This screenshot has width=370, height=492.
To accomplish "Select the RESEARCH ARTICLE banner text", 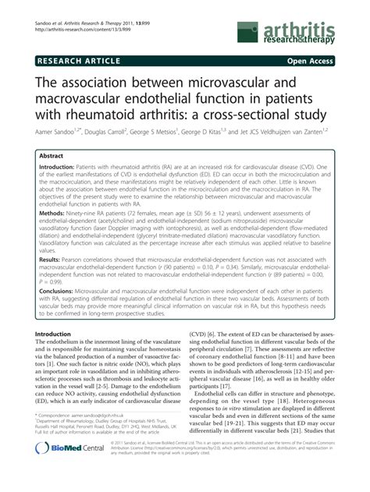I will pyautogui.click(x=76, y=58).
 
